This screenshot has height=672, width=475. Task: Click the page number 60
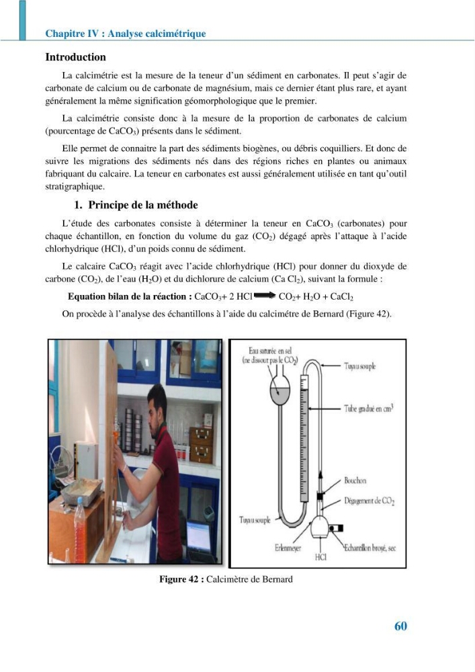pos(400,626)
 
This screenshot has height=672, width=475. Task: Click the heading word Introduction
pos(75,57)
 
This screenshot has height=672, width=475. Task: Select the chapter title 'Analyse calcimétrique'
pos(157,34)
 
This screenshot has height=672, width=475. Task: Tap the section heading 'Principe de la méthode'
pos(143,205)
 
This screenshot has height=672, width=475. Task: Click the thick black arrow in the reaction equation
pos(265,295)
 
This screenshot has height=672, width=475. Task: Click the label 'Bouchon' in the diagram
pos(355,480)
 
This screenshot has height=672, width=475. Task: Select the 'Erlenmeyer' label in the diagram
pos(288,548)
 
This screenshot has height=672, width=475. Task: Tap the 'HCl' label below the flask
pos(320,556)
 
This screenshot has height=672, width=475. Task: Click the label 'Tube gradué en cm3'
pos(368,408)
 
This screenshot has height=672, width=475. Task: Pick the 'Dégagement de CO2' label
pos(370,501)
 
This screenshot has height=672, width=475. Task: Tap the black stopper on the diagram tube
pos(320,496)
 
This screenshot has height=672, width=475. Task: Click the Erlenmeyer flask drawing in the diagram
pos(320,527)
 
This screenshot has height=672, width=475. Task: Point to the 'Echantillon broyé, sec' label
pos(370,548)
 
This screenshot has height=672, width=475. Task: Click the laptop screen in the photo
pos(198,536)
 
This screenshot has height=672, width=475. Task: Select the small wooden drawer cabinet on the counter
pos(201,445)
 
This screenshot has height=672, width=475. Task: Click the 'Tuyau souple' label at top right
pos(360,366)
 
